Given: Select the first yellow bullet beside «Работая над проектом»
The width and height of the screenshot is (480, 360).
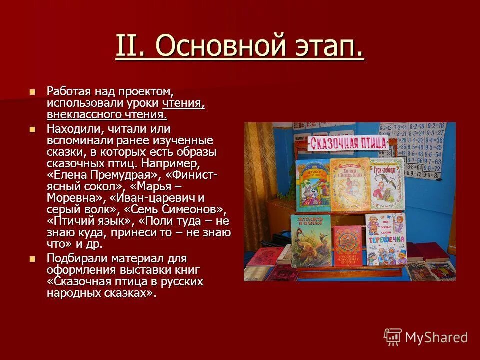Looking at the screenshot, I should [33, 92].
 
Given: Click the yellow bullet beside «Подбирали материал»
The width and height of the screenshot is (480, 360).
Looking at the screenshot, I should [33, 259].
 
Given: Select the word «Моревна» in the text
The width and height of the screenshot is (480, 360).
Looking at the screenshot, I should [69, 197].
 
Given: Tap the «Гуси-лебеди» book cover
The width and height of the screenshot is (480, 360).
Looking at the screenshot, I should [387, 183].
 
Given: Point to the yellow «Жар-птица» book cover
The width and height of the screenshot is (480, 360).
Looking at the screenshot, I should [349, 183].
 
